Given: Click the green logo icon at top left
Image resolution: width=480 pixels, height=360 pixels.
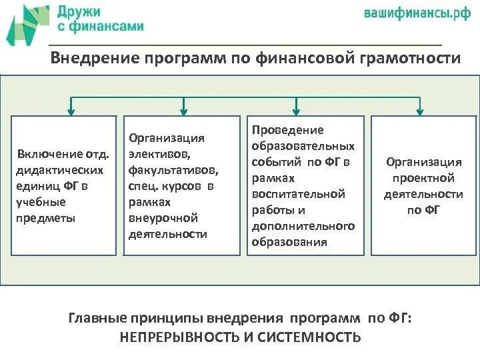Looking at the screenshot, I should click(27, 24).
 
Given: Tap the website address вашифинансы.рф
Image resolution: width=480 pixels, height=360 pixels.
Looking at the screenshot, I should click(417, 14).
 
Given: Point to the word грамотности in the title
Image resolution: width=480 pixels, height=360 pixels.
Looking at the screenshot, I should click(411, 59).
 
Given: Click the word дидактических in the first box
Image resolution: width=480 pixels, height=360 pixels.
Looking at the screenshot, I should click(61, 170).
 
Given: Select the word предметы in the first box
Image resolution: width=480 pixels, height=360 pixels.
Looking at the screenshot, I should click(45, 217).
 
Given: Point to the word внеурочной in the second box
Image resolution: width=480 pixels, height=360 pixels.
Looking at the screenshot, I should click(164, 218).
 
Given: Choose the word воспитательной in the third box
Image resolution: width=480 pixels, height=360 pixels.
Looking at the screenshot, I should click(298, 194).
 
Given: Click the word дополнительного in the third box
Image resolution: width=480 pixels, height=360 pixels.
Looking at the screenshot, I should click(303, 226).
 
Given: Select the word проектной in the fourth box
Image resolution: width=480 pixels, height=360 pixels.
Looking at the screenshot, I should click(423, 178).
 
